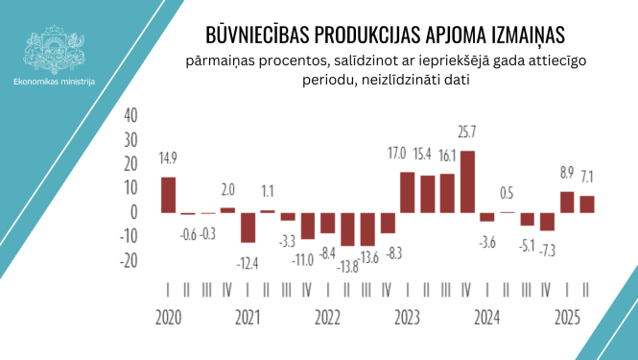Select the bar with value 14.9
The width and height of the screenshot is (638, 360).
click(x=168, y=195)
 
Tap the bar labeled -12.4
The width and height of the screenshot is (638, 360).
click(x=248, y=227)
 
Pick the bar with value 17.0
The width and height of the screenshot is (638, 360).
click(x=408, y=192)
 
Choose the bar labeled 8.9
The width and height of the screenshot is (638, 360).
click(x=567, y=202)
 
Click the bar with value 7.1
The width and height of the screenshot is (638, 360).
click(x=587, y=204)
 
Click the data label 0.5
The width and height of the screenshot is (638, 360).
click(x=508, y=191)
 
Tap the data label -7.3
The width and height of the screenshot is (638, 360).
click(x=547, y=250)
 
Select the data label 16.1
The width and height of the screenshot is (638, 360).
click(x=447, y=155)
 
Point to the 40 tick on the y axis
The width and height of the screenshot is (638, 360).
click(x=131, y=114)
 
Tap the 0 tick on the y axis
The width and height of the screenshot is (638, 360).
click(x=134, y=212)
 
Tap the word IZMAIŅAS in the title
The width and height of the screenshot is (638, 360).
click(x=524, y=36)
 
